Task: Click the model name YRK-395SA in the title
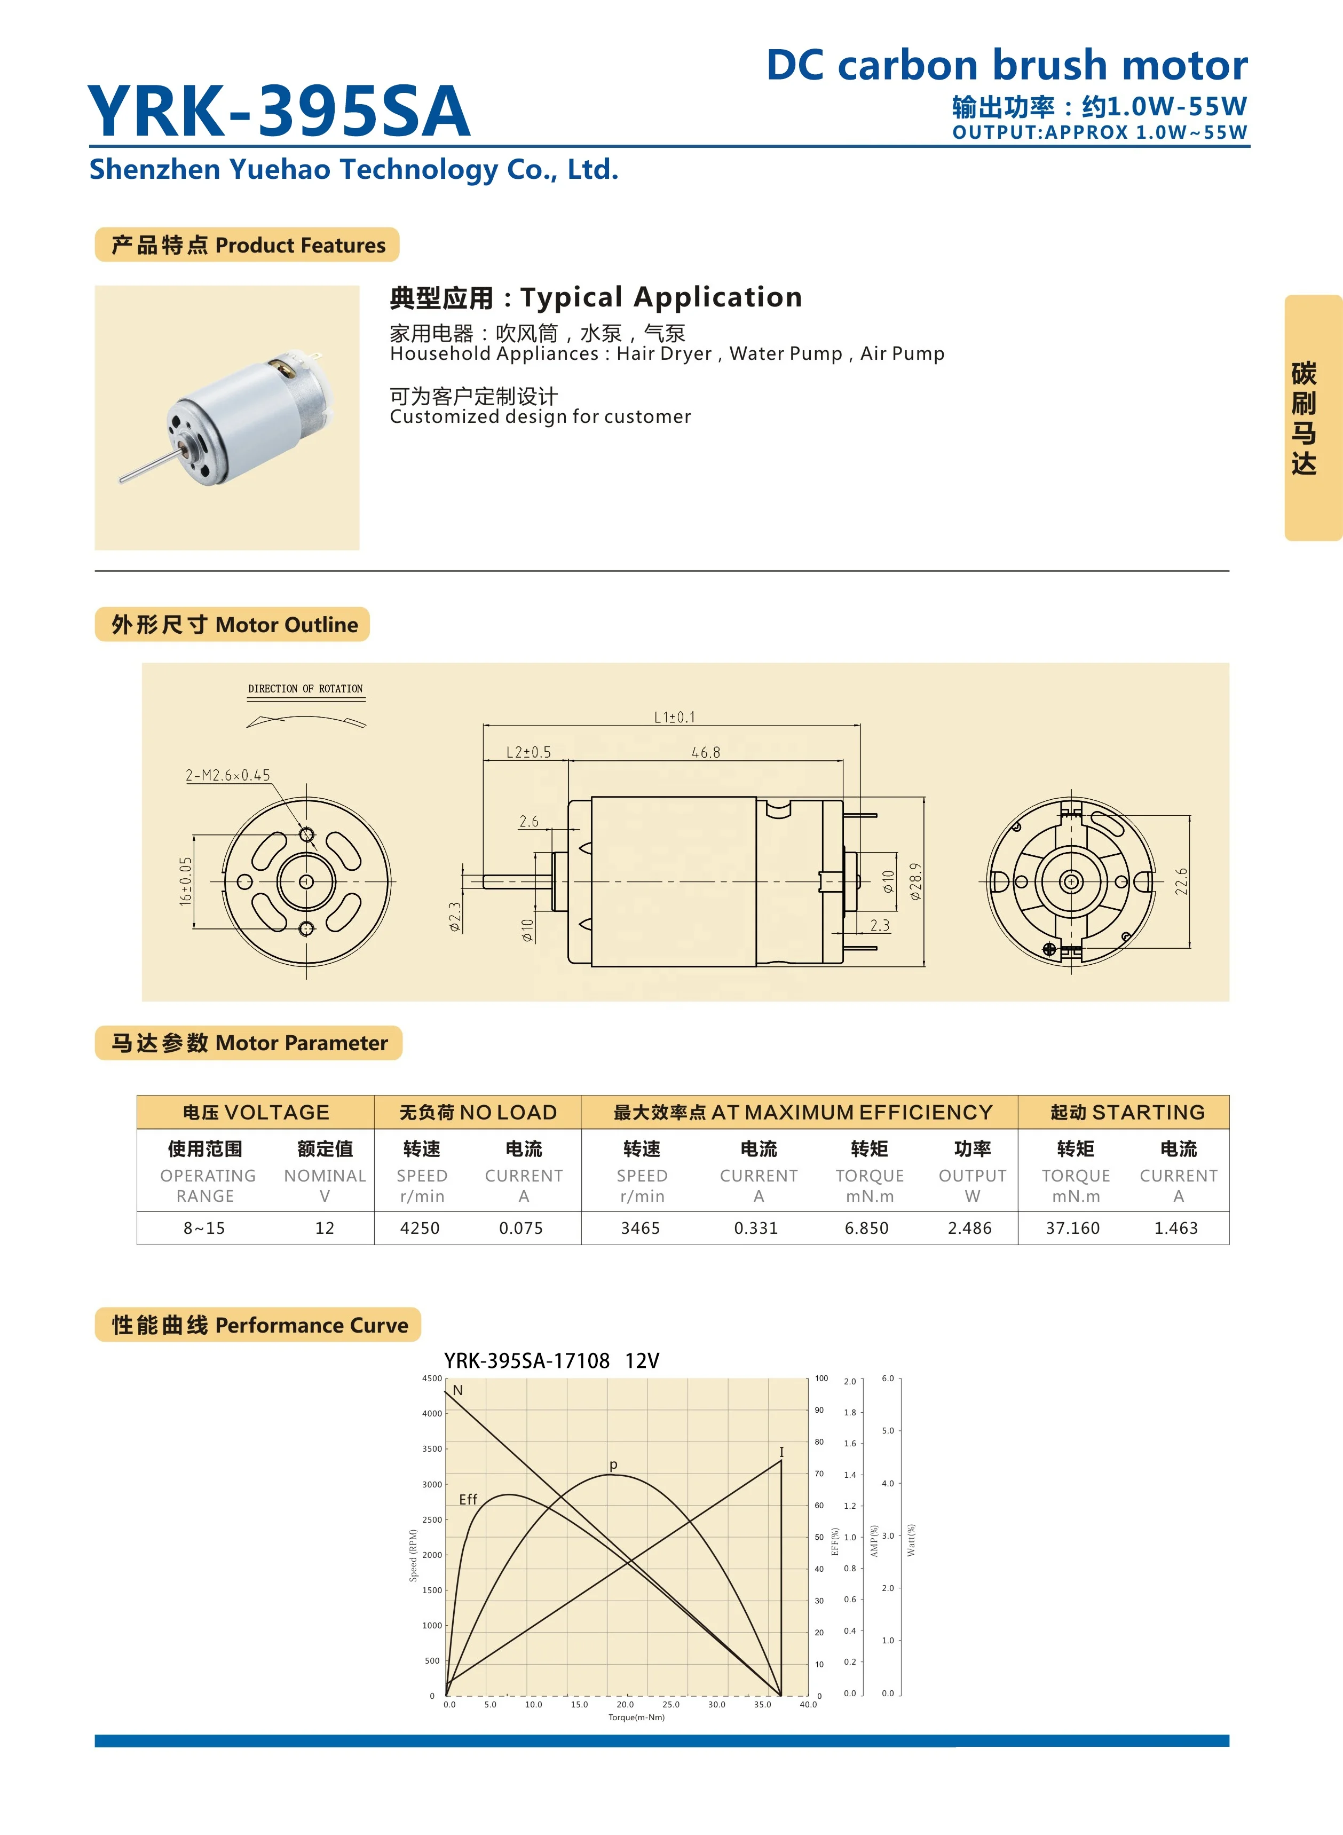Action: [278, 112]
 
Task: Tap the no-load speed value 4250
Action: [420, 1227]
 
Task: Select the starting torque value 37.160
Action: [1072, 1227]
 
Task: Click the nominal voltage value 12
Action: [325, 1227]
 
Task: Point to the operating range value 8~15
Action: [204, 1227]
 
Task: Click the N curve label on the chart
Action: [457, 1390]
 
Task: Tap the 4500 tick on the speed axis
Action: [432, 1378]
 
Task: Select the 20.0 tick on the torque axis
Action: [625, 1704]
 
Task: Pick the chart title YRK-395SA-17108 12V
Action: [551, 1361]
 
